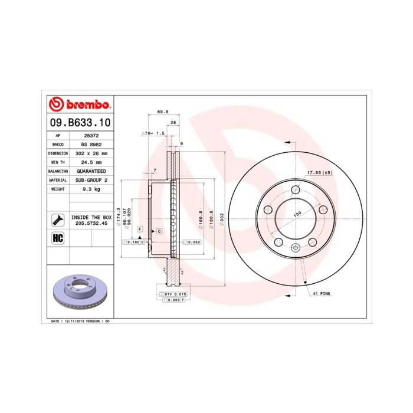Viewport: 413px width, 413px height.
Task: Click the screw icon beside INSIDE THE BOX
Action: (58, 220)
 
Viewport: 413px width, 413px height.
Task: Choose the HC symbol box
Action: (58, 238)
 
